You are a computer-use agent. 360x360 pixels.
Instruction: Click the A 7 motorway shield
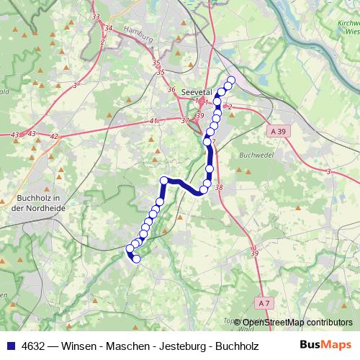[265, 303]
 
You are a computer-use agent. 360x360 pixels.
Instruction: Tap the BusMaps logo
[327, 345]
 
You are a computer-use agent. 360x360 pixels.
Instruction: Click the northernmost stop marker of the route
[231, 80]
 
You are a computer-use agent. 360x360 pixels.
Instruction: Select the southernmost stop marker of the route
[136, 258]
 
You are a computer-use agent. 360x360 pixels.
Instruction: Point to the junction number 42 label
[54, 135]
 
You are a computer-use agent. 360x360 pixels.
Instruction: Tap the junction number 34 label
[109, 28]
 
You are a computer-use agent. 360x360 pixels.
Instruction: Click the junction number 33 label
[96, 15]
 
